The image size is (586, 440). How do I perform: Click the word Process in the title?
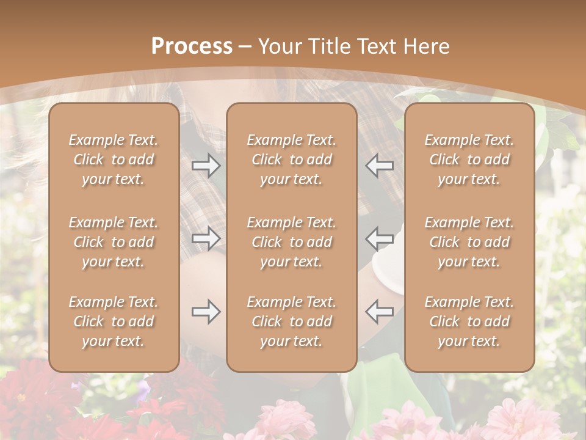192,46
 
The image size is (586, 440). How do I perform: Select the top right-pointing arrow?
206,166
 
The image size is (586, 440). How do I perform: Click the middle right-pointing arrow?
206,238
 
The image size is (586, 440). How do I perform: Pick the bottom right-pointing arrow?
206,312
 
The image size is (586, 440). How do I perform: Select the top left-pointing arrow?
380,166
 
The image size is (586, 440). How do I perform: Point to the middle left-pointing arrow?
380,238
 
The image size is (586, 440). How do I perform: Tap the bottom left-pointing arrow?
380,312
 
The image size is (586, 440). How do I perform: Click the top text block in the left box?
114,159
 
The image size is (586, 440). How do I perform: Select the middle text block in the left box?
114,242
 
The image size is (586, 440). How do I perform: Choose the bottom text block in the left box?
114,321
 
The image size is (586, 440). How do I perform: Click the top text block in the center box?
292,159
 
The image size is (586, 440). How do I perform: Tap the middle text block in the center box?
292,242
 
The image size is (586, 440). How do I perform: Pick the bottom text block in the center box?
292,321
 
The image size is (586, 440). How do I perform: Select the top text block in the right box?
469,159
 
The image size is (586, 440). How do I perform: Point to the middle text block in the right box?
469,242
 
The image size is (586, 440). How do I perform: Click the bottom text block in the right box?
469,321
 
